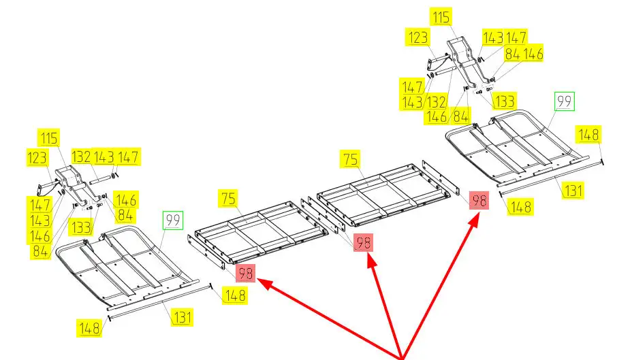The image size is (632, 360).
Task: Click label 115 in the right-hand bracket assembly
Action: coord(441,17)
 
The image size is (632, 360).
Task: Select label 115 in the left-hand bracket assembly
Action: coord(49,138)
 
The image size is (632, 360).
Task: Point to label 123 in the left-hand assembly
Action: coord(38,157)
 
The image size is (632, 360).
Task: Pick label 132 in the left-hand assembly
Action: coord(81,157)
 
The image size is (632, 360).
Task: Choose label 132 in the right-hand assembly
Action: coord(435,101)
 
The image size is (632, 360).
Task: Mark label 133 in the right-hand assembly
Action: coord(504,101)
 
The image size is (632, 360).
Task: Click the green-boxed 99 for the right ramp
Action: coord(565,101)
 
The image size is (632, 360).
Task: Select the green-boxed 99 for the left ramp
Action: coord(172,220)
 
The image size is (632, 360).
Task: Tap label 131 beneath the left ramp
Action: coord(182,316)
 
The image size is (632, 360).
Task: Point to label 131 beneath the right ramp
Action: coord(573,190)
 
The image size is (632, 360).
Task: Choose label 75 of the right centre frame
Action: coord(350,159)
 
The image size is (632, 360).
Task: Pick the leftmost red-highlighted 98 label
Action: coord(245,274)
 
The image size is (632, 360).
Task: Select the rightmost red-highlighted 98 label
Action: coord(479,201)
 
